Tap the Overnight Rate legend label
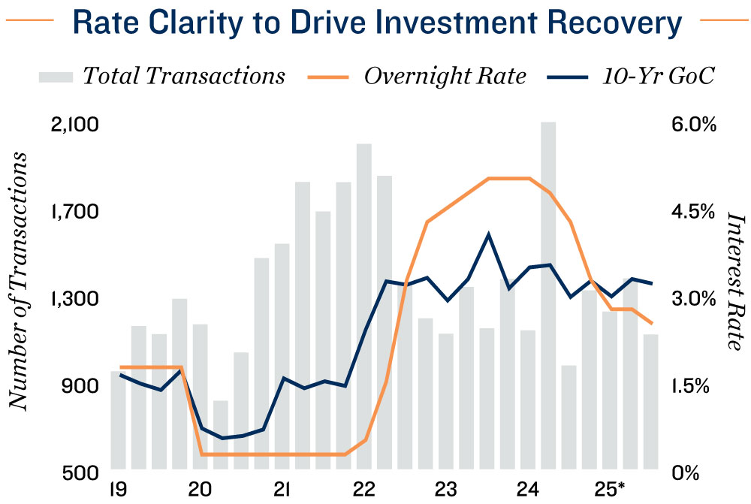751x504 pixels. point(445,77)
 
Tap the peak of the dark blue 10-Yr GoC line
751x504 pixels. point(488,235)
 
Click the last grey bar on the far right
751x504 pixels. point(650,403)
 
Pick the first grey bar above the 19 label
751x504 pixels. point(118,421)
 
